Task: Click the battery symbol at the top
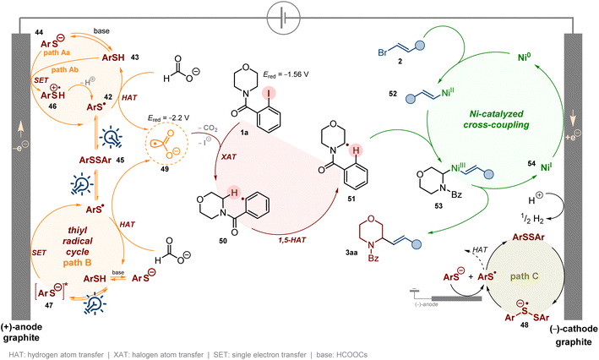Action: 281,18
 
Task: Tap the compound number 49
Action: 165,169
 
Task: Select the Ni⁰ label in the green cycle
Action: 525,57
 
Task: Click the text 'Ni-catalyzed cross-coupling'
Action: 496,119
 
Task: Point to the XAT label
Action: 229,156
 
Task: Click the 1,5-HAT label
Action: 291,240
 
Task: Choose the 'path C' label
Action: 524,276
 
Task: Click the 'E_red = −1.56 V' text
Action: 286,74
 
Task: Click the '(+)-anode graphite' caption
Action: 21,332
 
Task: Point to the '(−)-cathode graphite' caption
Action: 574,335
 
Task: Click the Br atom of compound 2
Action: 383,52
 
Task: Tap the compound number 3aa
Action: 351,253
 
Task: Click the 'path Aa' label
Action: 57,52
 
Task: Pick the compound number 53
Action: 438,206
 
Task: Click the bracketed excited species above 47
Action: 52,292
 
